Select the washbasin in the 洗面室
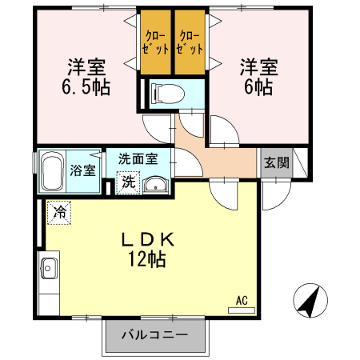pos(157,186)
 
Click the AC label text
pos(242,301)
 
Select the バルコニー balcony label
pos(154,334)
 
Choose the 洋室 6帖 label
pos(257,75)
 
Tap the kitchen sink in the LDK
pos(48,270)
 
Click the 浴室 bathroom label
pos(82,170)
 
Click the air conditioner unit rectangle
pos(242,310)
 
